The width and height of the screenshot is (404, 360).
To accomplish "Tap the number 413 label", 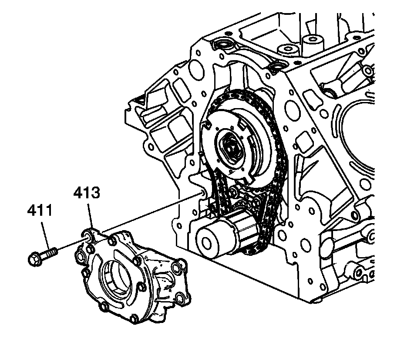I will [x=87, y=193].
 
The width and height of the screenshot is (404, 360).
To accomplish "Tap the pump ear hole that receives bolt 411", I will [x=88, y=237].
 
